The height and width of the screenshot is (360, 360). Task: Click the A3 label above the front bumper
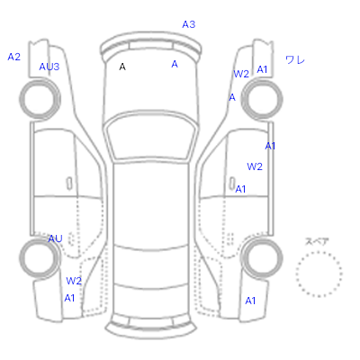189,24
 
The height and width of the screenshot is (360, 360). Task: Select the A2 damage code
13,57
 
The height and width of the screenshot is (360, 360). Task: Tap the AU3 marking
49,67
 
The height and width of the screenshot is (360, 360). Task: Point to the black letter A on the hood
122,67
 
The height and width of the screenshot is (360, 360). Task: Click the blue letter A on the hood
175,64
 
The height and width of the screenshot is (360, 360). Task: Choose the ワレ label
295,60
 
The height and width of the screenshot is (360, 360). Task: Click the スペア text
317,241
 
